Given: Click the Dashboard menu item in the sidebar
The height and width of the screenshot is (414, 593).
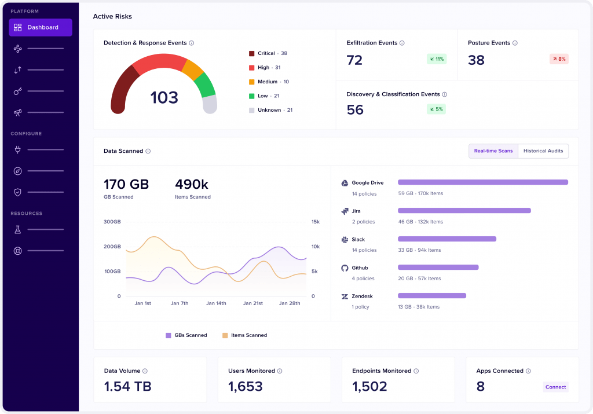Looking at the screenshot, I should click(x=40, y=27).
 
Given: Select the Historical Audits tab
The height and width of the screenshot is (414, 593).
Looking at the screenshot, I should click(x=543, y=151).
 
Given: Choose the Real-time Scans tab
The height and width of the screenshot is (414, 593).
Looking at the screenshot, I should click(x=493, y=151).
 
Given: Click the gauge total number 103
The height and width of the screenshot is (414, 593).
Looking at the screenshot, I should click(x=164, y=98).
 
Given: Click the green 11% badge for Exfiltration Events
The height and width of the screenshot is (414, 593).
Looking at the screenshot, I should click(x=436, y=59).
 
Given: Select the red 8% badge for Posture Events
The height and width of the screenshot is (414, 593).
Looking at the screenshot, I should click(x=559, y=59).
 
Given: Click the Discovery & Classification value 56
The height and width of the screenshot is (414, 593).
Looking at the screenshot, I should click(x=355, y=110).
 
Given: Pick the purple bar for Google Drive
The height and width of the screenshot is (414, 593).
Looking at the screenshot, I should click(x=482, y=182).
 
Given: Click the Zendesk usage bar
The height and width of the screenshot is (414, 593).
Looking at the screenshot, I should click(x=431, y=296).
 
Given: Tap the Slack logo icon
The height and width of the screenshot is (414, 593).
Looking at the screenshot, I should click(x=345, y=239).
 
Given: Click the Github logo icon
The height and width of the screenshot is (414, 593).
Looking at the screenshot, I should click(x=345, y=268).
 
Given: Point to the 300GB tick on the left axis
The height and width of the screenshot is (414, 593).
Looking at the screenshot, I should click(x=112, y=222).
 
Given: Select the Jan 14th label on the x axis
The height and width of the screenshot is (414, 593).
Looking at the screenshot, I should click(x=216, y=303).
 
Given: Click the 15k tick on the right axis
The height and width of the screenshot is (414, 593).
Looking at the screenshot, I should click(x=315, y=222).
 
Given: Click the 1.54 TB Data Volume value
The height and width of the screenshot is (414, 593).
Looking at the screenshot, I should click(x=127, y=387).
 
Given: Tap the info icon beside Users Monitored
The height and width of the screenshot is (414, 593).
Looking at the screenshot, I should click(x=280, y=371).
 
